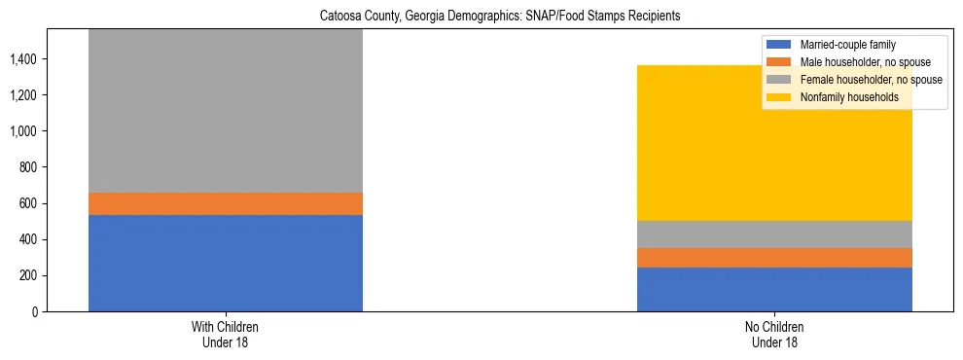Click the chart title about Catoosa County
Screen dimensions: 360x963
pyautogui.click(x=481, y=15)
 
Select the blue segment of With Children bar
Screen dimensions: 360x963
pyautogui.click(x=226, y=263)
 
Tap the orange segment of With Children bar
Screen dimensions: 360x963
pyautogui.click(x=226, y=203)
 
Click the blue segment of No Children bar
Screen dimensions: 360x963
pyautogui.click(x=774, y=289)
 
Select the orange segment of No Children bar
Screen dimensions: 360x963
pyautogui.click(x=774, y=258)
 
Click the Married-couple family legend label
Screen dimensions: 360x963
pyautogui.click(x=847, y=45)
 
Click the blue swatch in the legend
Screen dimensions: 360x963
pyautogui.click(x=779, y=45)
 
